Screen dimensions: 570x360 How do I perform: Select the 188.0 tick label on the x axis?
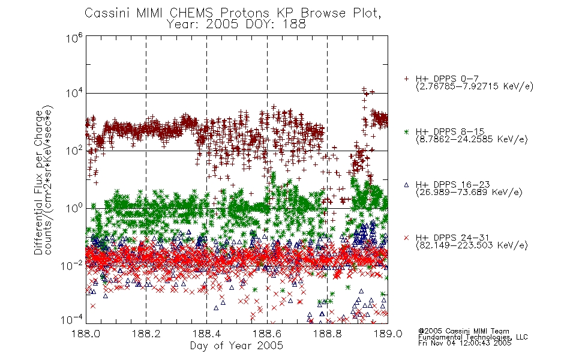[86, 334]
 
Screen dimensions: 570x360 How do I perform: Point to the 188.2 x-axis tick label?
[146, 334]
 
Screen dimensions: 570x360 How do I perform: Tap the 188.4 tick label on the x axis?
[206, 334]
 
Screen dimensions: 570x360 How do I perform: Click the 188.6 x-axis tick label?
[267, 334]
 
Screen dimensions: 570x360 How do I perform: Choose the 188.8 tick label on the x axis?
[327, 334]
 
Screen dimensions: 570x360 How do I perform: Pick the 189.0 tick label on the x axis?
[388, 334]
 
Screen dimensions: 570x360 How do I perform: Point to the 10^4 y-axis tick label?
[74, 94]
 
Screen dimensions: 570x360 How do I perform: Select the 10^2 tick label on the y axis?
[74, 151]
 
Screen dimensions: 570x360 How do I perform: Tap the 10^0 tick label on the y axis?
[74, 208]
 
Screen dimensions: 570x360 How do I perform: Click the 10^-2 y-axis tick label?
[72, 266]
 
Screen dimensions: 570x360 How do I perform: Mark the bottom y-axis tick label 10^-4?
[72, 320]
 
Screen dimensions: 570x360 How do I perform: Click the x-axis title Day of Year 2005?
[236, 346]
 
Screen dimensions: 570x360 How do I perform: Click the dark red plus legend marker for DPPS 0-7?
[406, 79]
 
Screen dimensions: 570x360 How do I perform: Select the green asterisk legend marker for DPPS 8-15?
[406, 131]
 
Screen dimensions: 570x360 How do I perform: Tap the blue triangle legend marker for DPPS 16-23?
[406, 185]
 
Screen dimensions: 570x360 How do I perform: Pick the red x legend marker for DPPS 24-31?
[406, 238]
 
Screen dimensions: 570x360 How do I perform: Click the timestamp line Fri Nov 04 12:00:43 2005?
[464, 343]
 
